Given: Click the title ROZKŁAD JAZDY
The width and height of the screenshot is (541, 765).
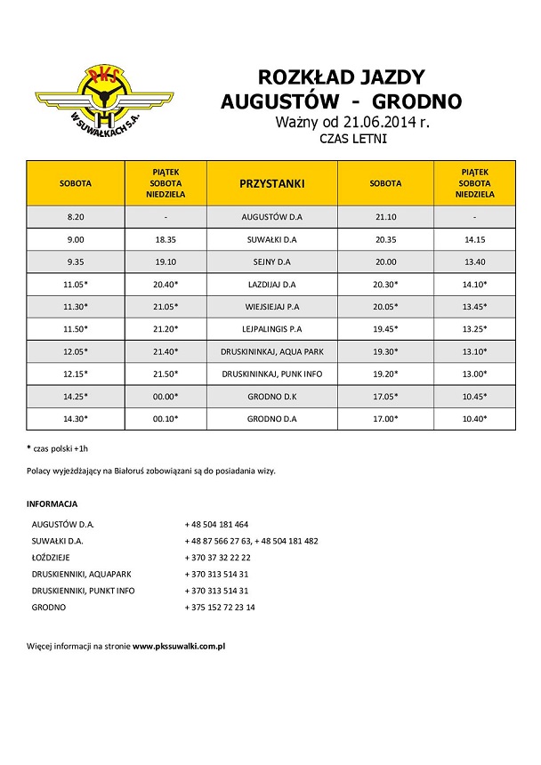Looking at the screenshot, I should [x=342, y=76].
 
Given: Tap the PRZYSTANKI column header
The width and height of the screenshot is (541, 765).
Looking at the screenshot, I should [x=272, y=183].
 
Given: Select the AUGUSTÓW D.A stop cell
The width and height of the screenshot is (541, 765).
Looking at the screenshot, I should [x=272, y=216].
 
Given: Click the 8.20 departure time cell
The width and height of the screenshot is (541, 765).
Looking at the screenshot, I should [x=76, y=216].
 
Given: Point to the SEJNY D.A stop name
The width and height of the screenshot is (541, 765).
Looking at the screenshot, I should [x=272, y=262].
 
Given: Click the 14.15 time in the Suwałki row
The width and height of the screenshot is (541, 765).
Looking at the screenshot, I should [x=472, y=239].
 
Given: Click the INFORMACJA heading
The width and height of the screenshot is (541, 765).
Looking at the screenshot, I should [x=52, y=503].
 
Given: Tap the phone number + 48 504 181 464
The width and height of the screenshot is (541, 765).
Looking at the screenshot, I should [x=216, y=524].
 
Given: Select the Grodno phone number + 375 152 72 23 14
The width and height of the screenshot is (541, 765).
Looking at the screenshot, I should [x=220, y=607].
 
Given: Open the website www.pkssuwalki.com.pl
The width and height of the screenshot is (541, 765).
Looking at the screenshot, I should [x=178, y=645].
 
